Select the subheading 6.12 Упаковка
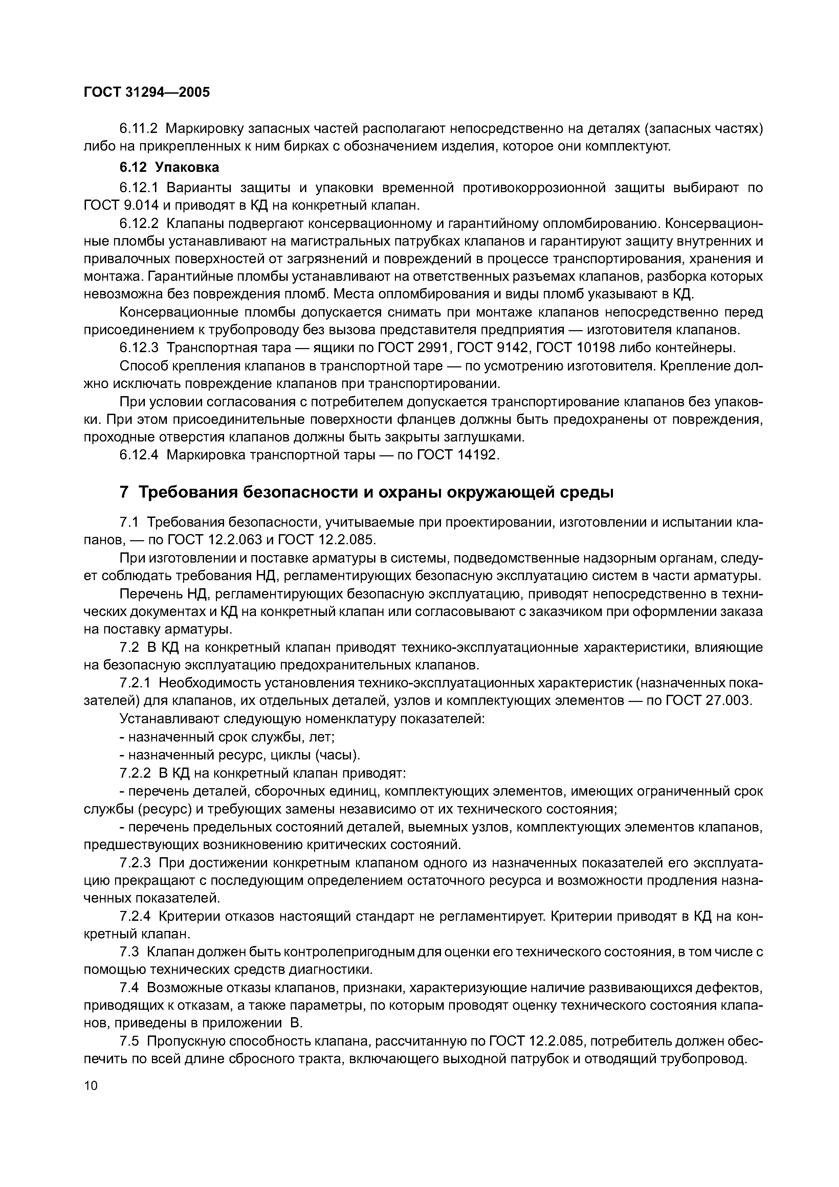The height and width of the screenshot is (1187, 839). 169,167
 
